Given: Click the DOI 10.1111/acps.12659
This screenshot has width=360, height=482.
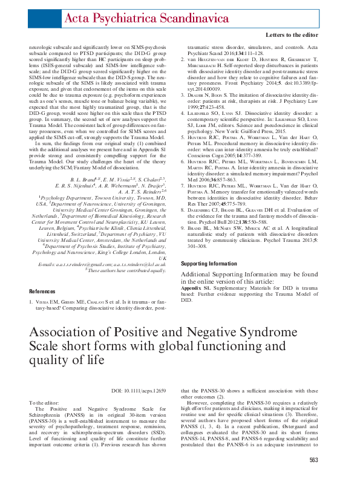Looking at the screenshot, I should (140, 392).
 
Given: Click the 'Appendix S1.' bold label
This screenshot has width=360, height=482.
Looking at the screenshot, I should (198, 288).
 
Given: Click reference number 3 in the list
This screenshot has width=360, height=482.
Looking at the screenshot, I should (184, 94).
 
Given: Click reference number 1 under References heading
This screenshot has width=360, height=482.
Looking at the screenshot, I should (31, 301).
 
